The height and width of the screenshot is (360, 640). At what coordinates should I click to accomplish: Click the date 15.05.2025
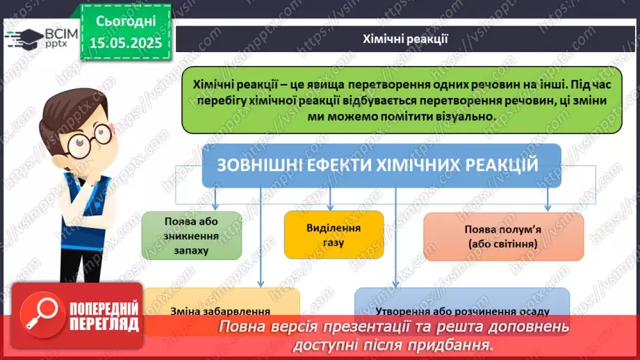click(125, 43)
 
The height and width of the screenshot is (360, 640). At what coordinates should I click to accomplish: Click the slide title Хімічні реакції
click(406, 39)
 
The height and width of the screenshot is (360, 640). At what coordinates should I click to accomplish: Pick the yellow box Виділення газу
click(334, 235)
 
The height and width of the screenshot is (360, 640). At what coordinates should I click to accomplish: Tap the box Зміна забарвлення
click(220, 311)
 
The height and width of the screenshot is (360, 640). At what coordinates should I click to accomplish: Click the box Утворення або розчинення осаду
click(461, 311)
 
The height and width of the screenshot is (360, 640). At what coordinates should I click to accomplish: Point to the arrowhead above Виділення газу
click(330, 207)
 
